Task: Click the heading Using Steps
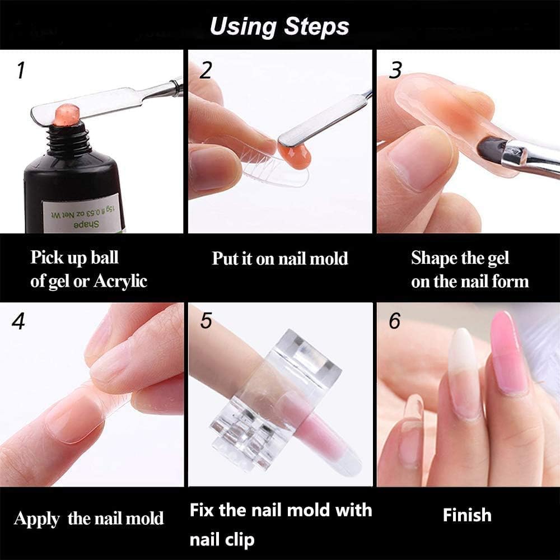(279, 26)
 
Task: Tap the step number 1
(21, 71)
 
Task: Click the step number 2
(206, 71)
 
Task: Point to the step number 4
(19, 322)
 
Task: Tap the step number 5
(206, 322)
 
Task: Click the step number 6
(395, 322)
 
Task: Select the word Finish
(467, 515)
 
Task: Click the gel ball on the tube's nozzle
(66, 114)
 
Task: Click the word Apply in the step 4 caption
(37, 519)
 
